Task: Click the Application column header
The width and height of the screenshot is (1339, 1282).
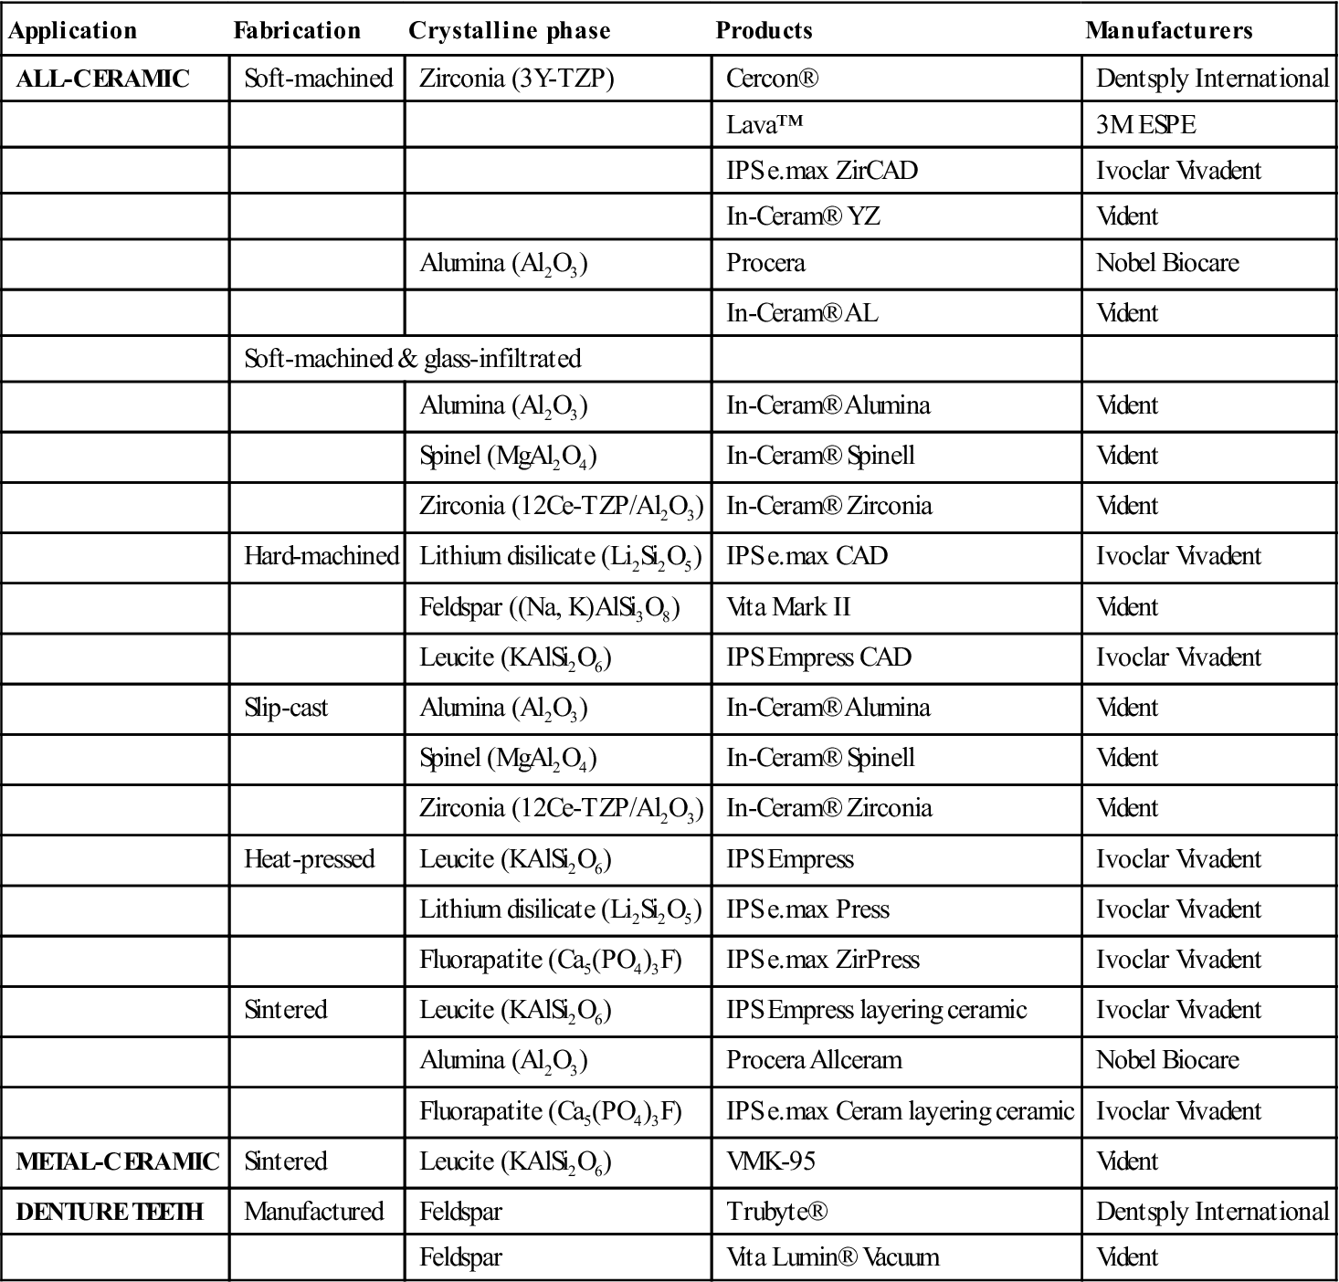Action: pos(72,31)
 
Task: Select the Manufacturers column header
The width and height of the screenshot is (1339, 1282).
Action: pos(1168,31)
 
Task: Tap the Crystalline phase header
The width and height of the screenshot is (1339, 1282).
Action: pos(509,31)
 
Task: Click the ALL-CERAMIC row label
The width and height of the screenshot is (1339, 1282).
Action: pos(102,79)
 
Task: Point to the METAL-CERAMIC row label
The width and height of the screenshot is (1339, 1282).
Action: pos(117,1161)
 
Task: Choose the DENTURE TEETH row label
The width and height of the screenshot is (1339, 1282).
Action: pos(110,1212)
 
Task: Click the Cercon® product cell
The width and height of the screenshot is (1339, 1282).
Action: pos(772,79)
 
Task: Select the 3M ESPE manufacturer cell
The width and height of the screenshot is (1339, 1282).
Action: pos(1145,125)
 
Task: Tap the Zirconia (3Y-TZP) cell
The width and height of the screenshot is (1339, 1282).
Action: pos(516,79)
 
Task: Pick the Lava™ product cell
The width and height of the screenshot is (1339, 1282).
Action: pos(764,125)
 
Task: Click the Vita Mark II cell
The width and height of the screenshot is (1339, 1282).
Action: pos(788,607)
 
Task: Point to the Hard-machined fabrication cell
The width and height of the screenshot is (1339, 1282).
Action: pos(321,556)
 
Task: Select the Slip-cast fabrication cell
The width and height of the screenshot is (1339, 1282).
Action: pos(286,708)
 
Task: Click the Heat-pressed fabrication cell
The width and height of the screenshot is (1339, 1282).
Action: pos(309,859)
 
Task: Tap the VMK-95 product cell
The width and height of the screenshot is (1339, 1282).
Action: pos(770,1161)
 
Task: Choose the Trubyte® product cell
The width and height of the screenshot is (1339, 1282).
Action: pos(776,1212)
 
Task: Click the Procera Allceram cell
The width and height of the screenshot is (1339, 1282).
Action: pos(814,1060)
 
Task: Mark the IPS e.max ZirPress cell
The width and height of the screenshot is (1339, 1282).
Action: pos(822,960)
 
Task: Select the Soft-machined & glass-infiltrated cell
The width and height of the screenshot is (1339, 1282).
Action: pos(412,359)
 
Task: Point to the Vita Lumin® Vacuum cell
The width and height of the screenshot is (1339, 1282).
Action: pos(832,1257)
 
